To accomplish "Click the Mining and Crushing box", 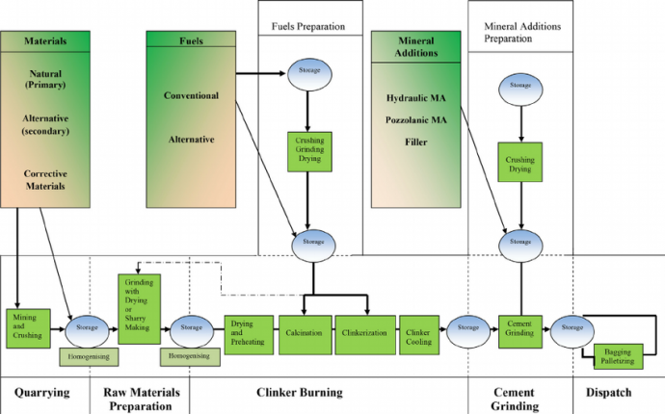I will pos(27,328).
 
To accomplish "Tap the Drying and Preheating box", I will pos(249,333).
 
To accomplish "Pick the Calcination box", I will pos(305,333).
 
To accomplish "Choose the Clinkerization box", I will pos(365,333).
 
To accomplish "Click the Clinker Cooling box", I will pos(418,333).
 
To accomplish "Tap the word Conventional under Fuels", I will pos(192,96).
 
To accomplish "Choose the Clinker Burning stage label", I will pos(299,393).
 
